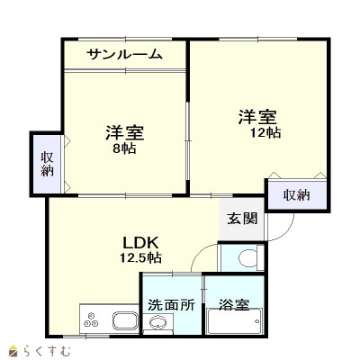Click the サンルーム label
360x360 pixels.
(124, 54)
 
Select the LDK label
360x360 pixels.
(140, 242)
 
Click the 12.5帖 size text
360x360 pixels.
(140, 257)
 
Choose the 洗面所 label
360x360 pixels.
(171, 304)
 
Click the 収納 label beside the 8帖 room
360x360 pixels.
(48, 163)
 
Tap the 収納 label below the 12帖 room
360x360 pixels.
(296, 195)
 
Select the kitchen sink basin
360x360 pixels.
(124, 319)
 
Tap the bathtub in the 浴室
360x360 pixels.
(235, 324)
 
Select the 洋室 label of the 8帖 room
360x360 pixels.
(124, 132)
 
